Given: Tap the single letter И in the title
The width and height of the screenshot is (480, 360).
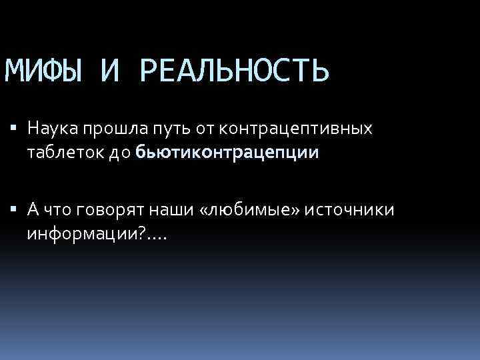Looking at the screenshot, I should pos(109,71).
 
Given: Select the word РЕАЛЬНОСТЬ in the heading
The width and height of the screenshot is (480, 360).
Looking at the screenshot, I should pos(235,71).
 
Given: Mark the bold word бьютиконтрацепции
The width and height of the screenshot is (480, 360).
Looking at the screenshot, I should pos(227,153).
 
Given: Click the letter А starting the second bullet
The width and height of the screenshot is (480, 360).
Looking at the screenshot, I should pos(33,210).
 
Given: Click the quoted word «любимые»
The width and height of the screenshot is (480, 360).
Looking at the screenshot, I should pos(241,210).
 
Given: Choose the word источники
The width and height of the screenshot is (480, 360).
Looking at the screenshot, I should pos(351,210).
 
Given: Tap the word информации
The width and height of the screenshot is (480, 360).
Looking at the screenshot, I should pos(84,234).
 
